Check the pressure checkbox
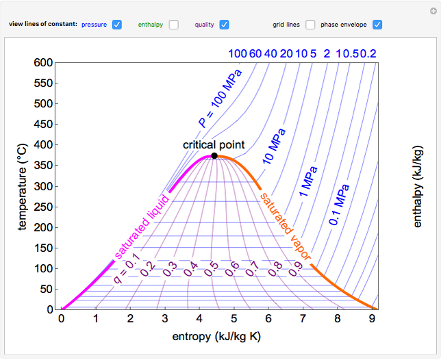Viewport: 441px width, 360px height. [116, 25]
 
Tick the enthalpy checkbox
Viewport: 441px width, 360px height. [174, 25]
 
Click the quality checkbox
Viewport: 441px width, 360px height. [224, 25]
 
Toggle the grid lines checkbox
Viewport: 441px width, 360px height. [311, 25]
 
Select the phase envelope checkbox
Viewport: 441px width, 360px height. [377, 25]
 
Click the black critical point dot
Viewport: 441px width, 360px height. [214, 156]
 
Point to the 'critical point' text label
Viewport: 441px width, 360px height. [214, 145]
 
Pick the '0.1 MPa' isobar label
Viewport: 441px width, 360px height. [339, 205]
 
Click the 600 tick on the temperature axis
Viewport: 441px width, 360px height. [43, 62]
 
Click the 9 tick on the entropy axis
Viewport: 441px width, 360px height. [372, 318]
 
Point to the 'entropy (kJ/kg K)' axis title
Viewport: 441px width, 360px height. [216, 336]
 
